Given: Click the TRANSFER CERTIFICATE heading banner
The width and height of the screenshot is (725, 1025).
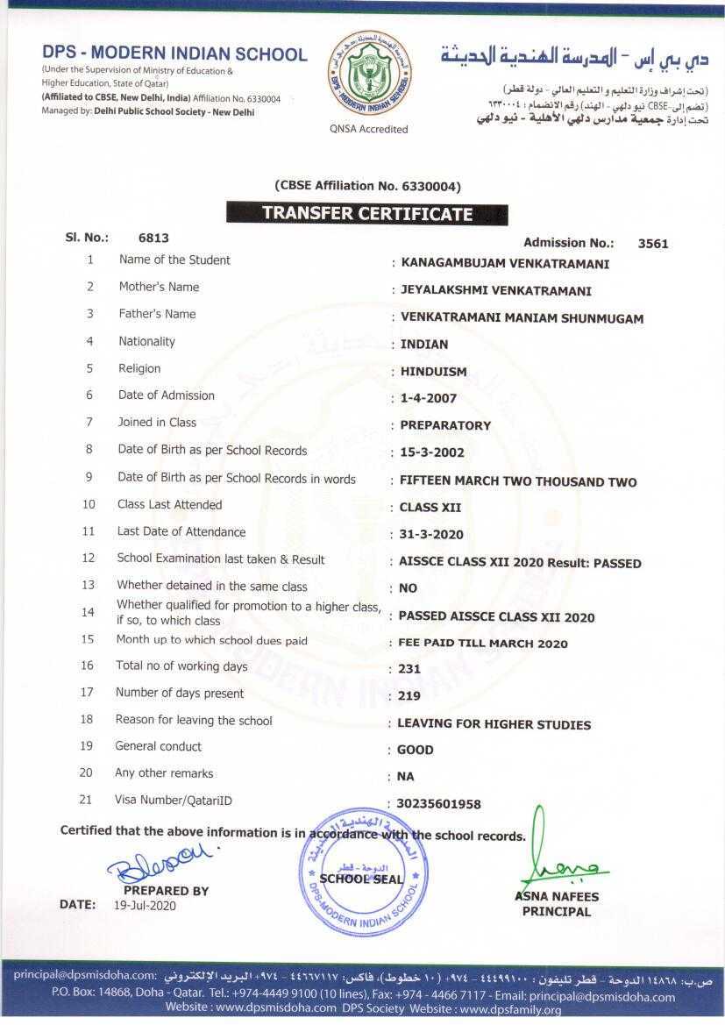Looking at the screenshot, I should click(x=367, y=213).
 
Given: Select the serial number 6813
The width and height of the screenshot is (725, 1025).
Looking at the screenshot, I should click(x=153, y=237).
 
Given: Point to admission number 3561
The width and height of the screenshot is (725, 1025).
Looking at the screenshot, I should click(x=653, y=243).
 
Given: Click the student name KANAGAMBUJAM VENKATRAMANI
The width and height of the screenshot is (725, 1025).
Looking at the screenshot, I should click(x=504, y=263).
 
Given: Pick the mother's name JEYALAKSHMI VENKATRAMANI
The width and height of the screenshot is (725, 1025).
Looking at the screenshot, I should click(x=495, y=290).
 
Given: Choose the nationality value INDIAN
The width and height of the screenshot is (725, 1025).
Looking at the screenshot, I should click(x=423, y=345).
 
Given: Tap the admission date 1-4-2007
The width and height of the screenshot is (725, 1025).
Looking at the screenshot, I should click(x=428, y=398).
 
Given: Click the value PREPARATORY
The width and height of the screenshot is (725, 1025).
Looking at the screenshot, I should click(x=444, y=425).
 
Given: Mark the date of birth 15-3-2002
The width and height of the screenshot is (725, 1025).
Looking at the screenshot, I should click(x=431, y=453).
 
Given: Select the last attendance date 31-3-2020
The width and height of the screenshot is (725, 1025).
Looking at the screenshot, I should click(x=431, y=534).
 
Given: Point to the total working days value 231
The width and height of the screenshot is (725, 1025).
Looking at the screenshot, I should click(x=409, y=669).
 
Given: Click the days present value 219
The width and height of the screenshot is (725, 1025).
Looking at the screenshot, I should click(x=409, y=696).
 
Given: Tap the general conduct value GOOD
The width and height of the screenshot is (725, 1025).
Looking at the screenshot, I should click(x=415, y=751).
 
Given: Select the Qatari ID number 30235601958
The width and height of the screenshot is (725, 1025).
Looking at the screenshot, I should click(x=439, y=804).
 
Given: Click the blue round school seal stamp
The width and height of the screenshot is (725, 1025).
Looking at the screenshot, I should click(x=364, y=874).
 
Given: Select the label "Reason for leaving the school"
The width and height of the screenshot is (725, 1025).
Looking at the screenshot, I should click(x=194, y=721).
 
